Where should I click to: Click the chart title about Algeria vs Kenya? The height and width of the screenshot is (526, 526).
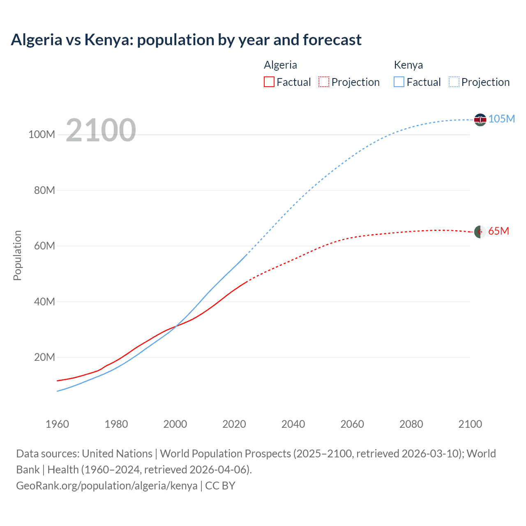click(x=186, y=40)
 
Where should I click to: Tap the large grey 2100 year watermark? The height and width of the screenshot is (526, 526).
click(x=101, y=130)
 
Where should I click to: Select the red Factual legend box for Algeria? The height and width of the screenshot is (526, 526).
click(x=269, y=82)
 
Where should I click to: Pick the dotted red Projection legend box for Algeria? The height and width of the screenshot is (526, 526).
click(x=324, y=82)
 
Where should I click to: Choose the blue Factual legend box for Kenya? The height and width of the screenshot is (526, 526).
click(x=399, y=82)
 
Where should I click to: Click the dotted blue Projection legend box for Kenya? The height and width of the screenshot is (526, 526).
click(x=454, y=82)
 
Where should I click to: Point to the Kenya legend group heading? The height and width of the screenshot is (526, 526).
click(x=408, y=65)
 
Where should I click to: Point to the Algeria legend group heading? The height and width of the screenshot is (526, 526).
click(x=280, y=65)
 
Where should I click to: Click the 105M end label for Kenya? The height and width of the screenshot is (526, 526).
click(x=501, y=119)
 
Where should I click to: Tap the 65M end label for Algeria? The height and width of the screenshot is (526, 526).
click(x=498, y=231)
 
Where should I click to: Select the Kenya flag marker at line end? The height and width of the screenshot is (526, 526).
click(x=480, y=120)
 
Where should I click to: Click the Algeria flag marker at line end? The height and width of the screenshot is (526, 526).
click(x=480, y=232)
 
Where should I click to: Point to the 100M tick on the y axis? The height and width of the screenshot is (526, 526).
click(x=42, y=134)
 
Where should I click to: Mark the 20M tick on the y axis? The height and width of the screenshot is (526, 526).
click(x=44, y=357)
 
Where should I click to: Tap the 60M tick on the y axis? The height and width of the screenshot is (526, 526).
click(x=44, y=246)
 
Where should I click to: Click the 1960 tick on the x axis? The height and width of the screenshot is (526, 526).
click(x=57, y=424)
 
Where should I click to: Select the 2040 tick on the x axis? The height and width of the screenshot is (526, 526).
click(x=293, y=424)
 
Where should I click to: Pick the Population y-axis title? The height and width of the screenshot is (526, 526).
click(x=17, y=255)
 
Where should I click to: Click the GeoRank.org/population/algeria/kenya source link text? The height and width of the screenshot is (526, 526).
click(x=107, y=485)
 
